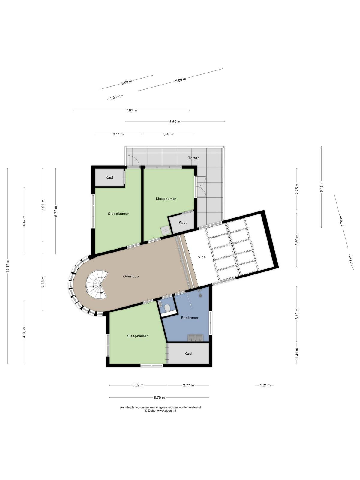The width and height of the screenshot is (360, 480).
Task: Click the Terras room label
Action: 193,158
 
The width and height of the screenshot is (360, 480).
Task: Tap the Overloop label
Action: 131,276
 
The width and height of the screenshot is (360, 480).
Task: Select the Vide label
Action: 202,257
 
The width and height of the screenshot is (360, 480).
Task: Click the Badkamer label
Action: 190,318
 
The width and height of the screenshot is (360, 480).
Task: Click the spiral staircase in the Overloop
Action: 97,285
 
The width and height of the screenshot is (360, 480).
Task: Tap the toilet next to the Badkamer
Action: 168,308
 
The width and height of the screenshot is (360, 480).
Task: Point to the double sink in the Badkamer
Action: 195,338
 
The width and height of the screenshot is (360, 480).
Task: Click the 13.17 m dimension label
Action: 8,266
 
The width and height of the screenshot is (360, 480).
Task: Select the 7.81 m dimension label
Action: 131,110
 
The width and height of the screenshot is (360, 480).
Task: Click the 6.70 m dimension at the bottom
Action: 159,397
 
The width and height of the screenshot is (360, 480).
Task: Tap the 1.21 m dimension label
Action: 265,385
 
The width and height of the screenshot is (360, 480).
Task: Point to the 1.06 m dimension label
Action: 115,97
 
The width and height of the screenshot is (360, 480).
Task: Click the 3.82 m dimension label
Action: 138,385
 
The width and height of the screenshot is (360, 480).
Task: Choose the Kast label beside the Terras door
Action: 182,222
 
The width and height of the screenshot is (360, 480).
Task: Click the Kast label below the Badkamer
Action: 188,354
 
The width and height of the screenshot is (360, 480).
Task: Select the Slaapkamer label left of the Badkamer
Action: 137,336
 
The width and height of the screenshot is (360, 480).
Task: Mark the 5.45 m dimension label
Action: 322,187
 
